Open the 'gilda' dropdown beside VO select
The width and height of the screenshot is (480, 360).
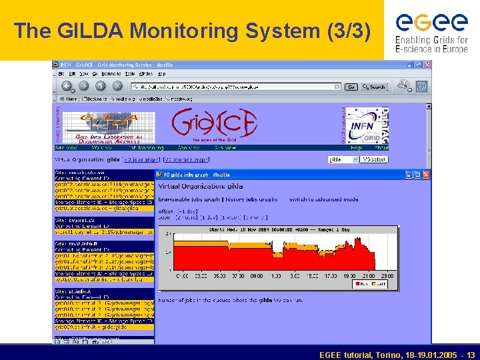[343, 159]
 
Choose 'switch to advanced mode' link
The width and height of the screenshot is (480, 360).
[324, 199]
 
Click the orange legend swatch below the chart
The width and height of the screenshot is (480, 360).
[373, 284]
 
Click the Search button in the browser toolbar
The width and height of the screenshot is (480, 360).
[375, 87]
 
